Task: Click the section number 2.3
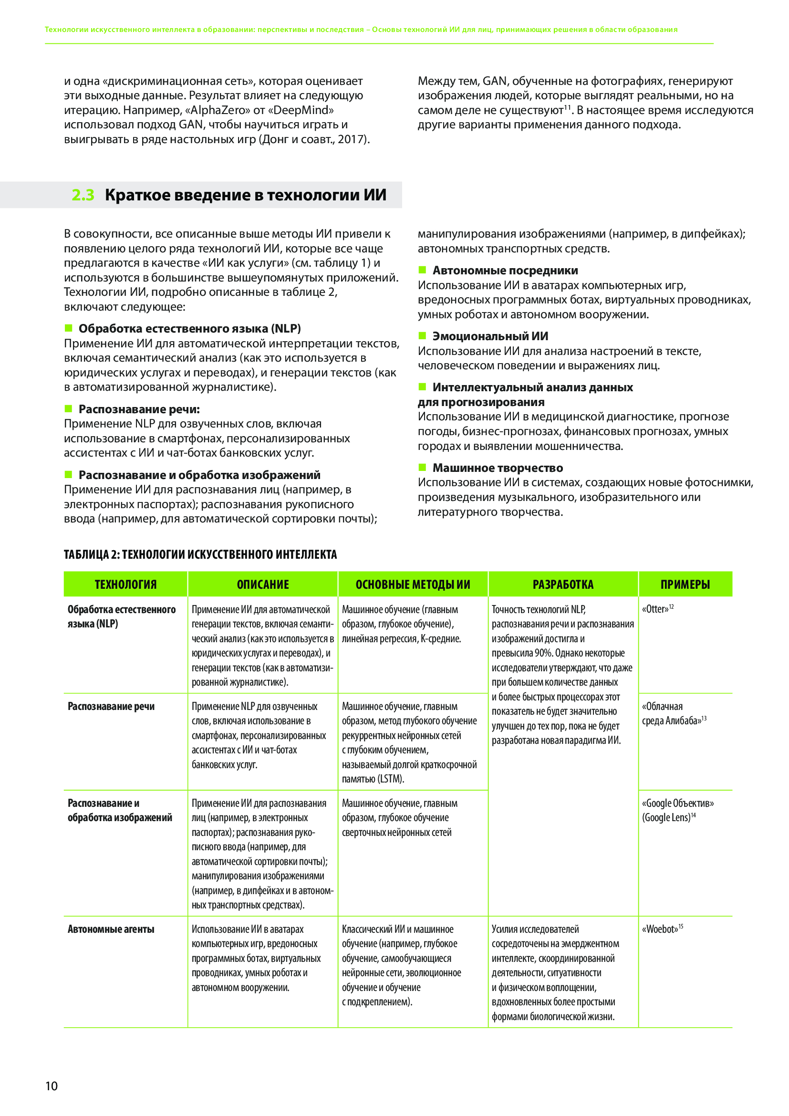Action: point(83,195)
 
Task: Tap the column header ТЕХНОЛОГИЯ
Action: point(125,584)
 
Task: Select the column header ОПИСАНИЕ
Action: point(262,584)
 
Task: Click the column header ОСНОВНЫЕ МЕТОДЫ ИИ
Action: point(413,584)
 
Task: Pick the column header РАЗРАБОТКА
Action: point(562,584)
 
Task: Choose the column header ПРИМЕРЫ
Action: point(685,584)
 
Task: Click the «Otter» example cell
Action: point(655,609)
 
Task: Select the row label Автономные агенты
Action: point(111,929)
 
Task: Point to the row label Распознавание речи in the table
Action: point(111,706)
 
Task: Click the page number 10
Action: point(51,1086)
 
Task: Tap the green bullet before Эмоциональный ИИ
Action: point(422,335)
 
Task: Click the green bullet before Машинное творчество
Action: point(422,467)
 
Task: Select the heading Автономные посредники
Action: point(505,270)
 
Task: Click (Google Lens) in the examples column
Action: point(666,818)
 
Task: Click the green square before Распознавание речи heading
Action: point(69,408)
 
